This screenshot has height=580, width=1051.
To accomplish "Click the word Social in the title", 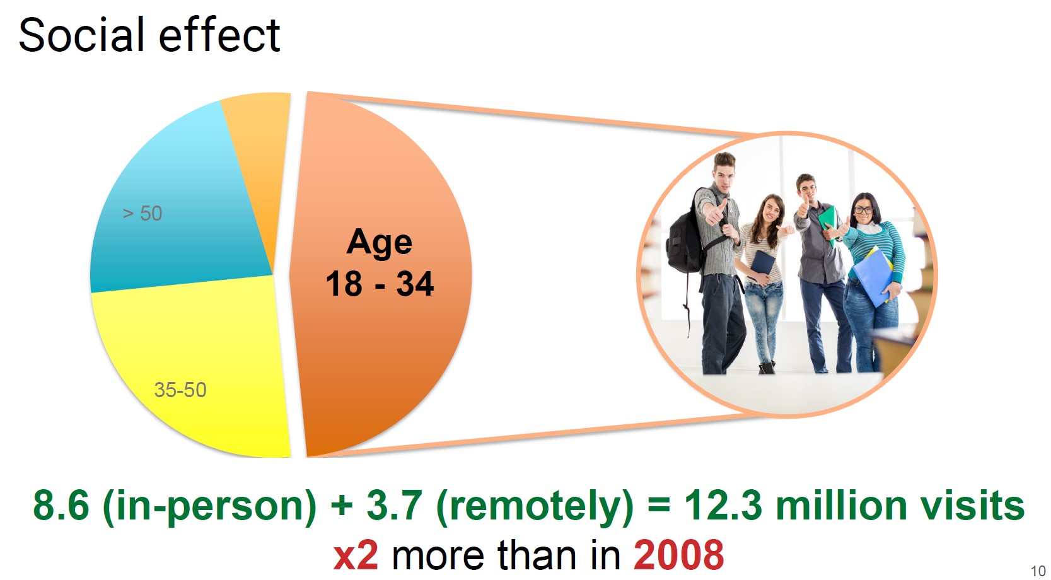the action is pos(81,35).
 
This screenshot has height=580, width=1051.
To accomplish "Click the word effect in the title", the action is pos(219,35).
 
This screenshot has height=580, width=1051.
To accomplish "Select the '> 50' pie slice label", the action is pos(142,214).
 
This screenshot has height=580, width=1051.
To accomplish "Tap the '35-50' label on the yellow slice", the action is pos(180,390).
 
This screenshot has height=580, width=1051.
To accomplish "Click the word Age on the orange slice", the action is pos(379,243).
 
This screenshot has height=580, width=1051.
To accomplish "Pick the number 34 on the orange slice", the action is pos(415,284).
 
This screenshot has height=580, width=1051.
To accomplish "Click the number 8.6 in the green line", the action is pos(61,505).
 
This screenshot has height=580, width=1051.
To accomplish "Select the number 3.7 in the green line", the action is pos(395,505).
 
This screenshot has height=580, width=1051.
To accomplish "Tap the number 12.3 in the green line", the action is pos(723,505).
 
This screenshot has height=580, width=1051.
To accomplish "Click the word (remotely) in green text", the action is pos(535,507).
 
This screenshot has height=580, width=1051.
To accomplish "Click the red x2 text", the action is pos(356,555).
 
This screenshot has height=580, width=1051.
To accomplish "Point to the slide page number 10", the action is pos(1038,571).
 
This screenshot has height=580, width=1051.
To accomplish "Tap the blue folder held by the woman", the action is pos(873,277).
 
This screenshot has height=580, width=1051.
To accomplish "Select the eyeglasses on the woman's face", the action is pos(863,210).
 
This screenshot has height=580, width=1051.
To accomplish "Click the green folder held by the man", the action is pos(828,223).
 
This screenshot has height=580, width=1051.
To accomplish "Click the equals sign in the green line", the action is pos(659,506).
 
